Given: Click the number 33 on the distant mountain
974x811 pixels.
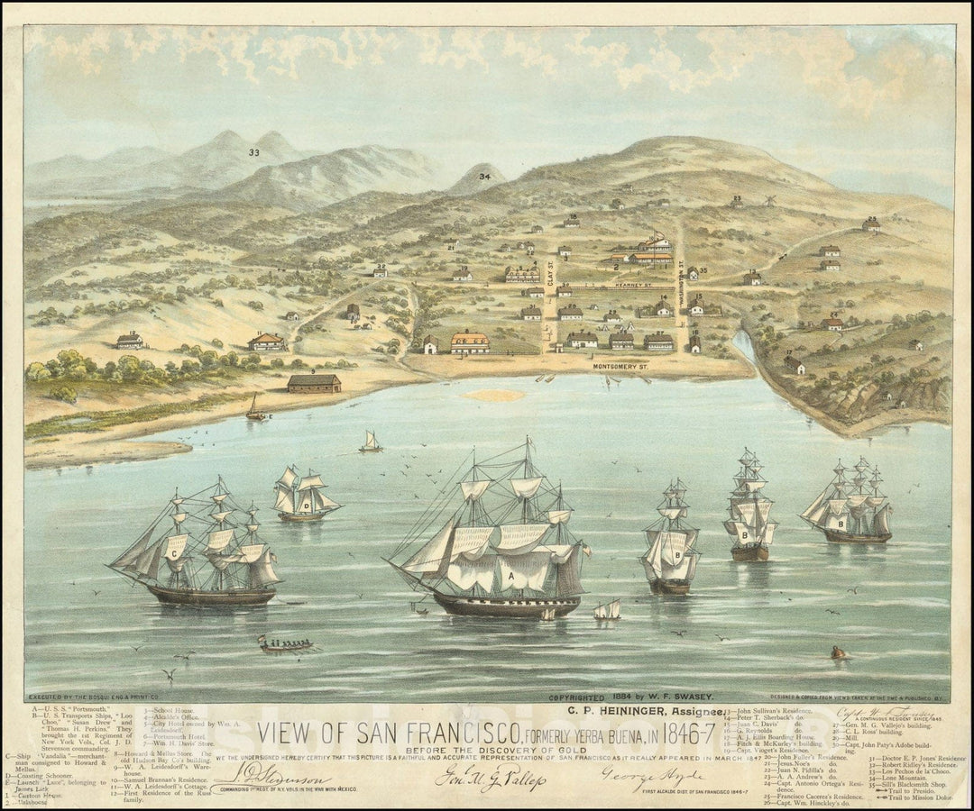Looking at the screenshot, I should point(254,152).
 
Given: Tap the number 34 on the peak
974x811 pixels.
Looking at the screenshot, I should point(485,176).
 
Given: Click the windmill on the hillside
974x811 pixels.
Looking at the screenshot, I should point(770,199).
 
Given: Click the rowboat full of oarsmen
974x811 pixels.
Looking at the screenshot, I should point(285,643).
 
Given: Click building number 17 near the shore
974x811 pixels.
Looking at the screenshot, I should point(794,364).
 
